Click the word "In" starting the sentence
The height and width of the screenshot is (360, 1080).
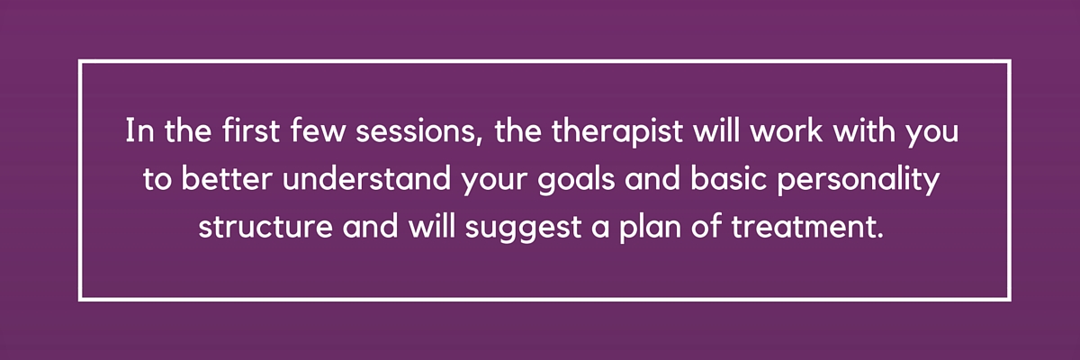(139, 130)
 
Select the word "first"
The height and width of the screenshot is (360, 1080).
(251, 130)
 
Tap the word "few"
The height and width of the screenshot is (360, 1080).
(318, 130)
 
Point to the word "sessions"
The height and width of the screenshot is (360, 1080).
(416, 131)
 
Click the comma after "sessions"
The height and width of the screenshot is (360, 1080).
(479, 141)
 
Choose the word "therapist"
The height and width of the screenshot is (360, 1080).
(616, 132)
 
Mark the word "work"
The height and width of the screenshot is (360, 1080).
(786, 130)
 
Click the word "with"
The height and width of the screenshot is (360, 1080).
(863, 130)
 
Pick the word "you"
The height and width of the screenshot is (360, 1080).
(932, 136)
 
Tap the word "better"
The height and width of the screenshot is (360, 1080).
(226, 178)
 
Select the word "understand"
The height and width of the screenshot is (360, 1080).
(367, 178)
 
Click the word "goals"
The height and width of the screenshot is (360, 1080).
(576, 181)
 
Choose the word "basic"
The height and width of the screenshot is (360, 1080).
(728, 178)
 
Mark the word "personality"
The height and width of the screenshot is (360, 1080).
(859, 181)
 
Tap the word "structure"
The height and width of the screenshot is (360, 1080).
(265, 227)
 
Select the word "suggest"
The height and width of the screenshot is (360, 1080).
(524, 229)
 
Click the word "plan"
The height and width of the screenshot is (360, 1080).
(650, 229)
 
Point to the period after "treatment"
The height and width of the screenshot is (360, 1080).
(879, 235)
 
